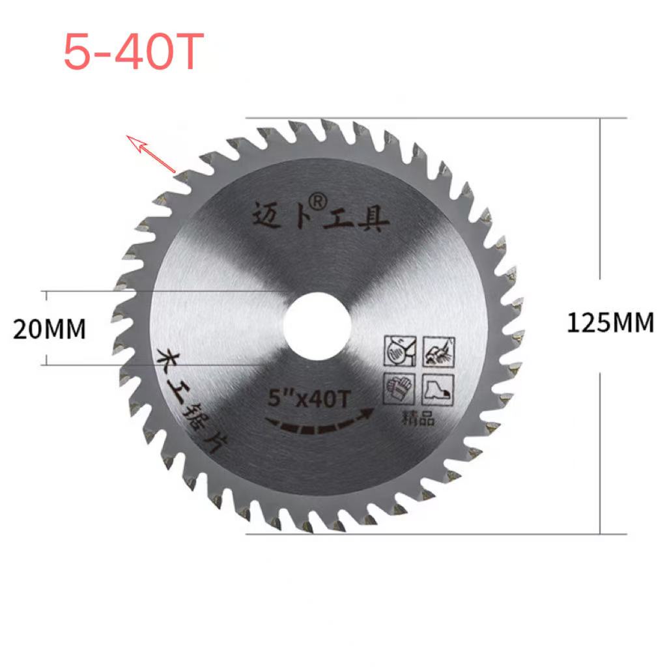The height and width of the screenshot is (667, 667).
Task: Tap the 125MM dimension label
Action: point(610,323)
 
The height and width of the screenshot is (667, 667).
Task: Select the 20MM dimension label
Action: point(50,330)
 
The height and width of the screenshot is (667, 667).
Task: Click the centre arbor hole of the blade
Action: point(319,324)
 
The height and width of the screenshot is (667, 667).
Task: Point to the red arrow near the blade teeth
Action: point(150,154)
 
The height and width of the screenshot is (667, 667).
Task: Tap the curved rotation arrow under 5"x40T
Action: point(319,423)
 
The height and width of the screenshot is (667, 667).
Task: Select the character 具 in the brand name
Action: point(374,221)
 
